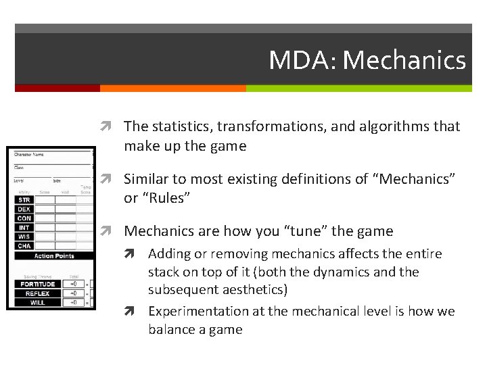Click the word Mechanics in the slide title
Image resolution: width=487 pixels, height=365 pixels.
point(404,60)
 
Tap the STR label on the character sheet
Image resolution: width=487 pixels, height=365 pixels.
point(24,200)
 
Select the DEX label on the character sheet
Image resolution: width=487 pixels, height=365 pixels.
point(24,210)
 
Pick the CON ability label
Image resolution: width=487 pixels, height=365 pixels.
point(24,218)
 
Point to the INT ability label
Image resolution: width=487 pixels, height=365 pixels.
point(24,228)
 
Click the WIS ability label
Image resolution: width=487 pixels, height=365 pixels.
point(24,237)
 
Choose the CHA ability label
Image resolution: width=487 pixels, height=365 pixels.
point(24,246)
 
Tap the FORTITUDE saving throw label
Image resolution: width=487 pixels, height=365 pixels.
point(37,284)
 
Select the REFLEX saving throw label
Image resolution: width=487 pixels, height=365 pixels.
point(37,293)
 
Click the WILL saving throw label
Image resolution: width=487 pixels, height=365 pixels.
point(37,302)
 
